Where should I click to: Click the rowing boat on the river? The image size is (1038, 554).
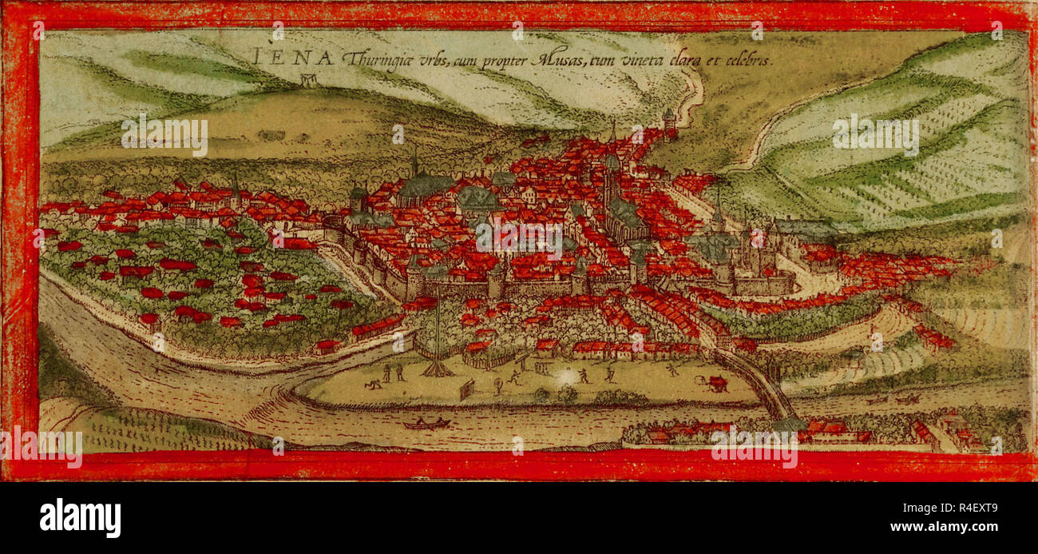[x=426, y=423]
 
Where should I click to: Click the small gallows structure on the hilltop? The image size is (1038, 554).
[x=308, y=79]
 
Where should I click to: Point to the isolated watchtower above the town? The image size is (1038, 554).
[x=668, y=121]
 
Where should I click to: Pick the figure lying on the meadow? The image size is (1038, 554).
[x=372, y=385]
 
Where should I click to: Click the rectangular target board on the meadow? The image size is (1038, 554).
[x=466, y=389]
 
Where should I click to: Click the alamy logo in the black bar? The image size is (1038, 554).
[x=80, y=517]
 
